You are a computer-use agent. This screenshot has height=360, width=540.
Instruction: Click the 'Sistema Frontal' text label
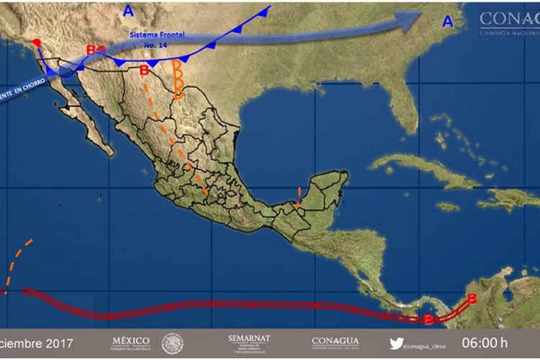click(156, 35)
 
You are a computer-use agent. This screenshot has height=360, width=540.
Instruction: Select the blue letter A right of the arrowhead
click(448, 22)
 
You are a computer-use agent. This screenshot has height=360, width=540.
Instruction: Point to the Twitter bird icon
click(397, 343)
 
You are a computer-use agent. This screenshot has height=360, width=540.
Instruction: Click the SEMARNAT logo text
click(248, 338)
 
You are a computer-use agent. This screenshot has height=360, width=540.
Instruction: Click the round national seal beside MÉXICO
click(173, 343)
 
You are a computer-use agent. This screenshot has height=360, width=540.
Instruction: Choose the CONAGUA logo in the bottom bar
click(336, 342)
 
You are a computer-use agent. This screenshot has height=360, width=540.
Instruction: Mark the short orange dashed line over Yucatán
click(298, 198)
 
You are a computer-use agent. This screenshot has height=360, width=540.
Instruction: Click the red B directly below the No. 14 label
click(144, 71)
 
